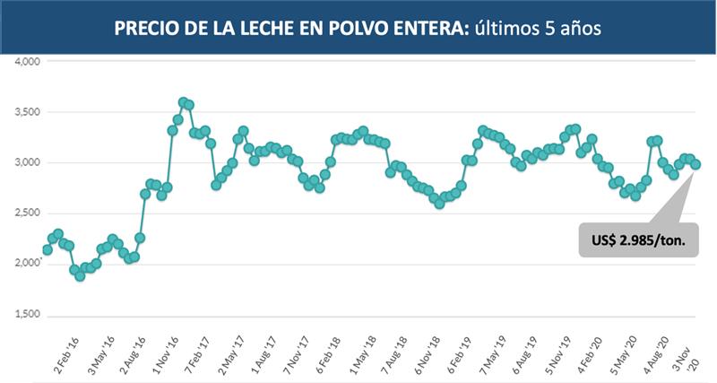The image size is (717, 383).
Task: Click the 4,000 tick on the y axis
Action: tap(29, 62)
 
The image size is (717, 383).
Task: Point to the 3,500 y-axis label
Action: tap(29, 112)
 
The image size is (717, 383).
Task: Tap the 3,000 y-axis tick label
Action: tap(29, 162)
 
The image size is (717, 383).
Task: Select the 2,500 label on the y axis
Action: tap(29, 213)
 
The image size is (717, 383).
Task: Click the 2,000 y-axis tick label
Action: tap(29, 264)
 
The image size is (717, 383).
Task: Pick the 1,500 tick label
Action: tap(29, 315)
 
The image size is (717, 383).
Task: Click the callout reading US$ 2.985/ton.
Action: tap(638, 239)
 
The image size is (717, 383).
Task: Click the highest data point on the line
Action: tap(184, 102)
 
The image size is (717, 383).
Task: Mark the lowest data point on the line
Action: tap(80, 275)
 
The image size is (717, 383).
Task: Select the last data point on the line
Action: tap(695, 164)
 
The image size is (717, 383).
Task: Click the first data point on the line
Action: tap(48, 250)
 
